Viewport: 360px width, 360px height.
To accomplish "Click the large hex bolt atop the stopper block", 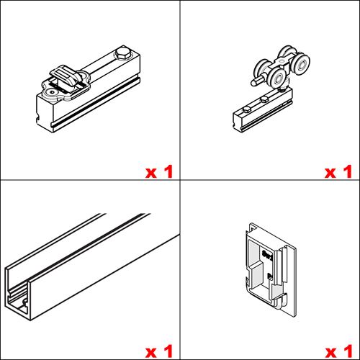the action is [123, 55].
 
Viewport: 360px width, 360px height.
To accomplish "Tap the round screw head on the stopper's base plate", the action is [52, 91].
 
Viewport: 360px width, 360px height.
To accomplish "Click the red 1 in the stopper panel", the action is [168, 171].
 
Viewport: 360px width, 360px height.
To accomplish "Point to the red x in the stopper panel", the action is [151, 173].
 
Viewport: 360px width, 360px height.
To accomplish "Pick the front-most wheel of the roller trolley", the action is [276, 79].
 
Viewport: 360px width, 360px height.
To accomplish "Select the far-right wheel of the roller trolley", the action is [302, 64].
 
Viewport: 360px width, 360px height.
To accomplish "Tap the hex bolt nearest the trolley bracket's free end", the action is [247, 110].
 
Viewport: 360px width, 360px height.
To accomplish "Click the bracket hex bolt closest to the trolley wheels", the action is [264, 99].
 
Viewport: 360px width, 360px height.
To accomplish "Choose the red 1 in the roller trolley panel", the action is [348, 171].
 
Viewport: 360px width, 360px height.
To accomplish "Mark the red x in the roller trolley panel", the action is [330, 173].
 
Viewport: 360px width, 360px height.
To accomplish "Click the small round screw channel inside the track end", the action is [24, 301].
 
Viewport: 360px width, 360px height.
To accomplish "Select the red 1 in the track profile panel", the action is [168, 351].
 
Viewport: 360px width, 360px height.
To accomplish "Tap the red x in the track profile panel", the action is [151, 353].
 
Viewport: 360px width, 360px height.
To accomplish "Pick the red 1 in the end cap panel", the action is [348, 351].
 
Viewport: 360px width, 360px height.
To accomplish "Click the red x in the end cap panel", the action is [331, 353].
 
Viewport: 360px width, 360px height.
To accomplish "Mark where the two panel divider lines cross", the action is [180, 180].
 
